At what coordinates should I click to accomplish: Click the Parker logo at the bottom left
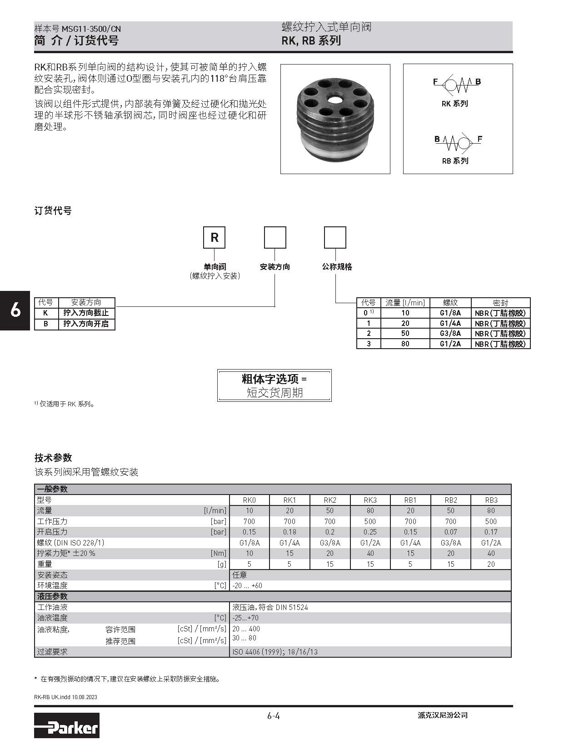66,725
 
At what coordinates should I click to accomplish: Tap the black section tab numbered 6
15,310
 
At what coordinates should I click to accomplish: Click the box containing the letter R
215,237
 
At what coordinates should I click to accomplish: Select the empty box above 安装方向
275,237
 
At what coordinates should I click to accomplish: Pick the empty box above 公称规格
335,237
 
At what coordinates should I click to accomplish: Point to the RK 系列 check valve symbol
456,83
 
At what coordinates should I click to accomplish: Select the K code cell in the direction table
46,313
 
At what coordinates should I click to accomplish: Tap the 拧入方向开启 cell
86,324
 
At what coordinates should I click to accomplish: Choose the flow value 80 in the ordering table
405,344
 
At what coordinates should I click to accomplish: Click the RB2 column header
450,500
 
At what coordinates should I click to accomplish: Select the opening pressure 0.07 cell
450,532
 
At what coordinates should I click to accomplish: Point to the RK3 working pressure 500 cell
370,521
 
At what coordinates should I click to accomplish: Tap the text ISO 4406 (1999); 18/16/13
275,652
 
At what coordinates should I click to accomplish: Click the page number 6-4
273,716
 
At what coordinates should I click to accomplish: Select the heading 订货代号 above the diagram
53,210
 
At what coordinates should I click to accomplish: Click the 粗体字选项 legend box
274,385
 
